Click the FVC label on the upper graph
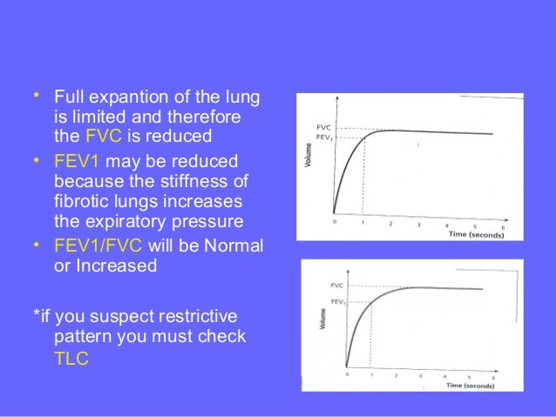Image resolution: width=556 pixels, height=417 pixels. tap(322, 127)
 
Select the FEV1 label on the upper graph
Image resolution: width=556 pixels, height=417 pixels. tap(323, 137)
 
